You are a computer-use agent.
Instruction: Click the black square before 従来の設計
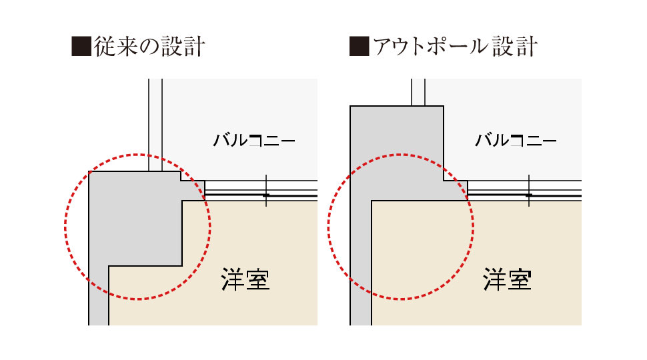click(x=81, y=46)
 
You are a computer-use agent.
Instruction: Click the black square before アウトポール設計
click(x=359, y=46)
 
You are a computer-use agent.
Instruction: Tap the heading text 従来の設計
click(x=149, y=46)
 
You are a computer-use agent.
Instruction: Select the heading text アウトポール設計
click(x=455, y=46)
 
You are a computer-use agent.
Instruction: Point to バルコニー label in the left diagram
click(x=254, y=140)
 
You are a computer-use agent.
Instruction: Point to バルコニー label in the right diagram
click(x=516, y=140)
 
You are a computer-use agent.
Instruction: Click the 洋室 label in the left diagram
click(x=245, y=279)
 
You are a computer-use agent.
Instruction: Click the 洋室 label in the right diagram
click(x=507, y=279)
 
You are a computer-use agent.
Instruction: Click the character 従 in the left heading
click(x=104, y=46)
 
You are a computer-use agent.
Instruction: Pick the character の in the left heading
click(x=149, y=47)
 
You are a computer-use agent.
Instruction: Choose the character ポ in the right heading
click(x=437, y=46)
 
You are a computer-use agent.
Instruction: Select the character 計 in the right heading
click(x=527, y=46)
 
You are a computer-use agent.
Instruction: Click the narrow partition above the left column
click(x=155, y=125)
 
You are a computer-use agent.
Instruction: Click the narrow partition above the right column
click(x=418, y=93)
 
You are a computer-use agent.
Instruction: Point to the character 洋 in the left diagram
click(x=233, y=279)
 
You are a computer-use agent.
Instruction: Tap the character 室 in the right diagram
click(x=520, y=279)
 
